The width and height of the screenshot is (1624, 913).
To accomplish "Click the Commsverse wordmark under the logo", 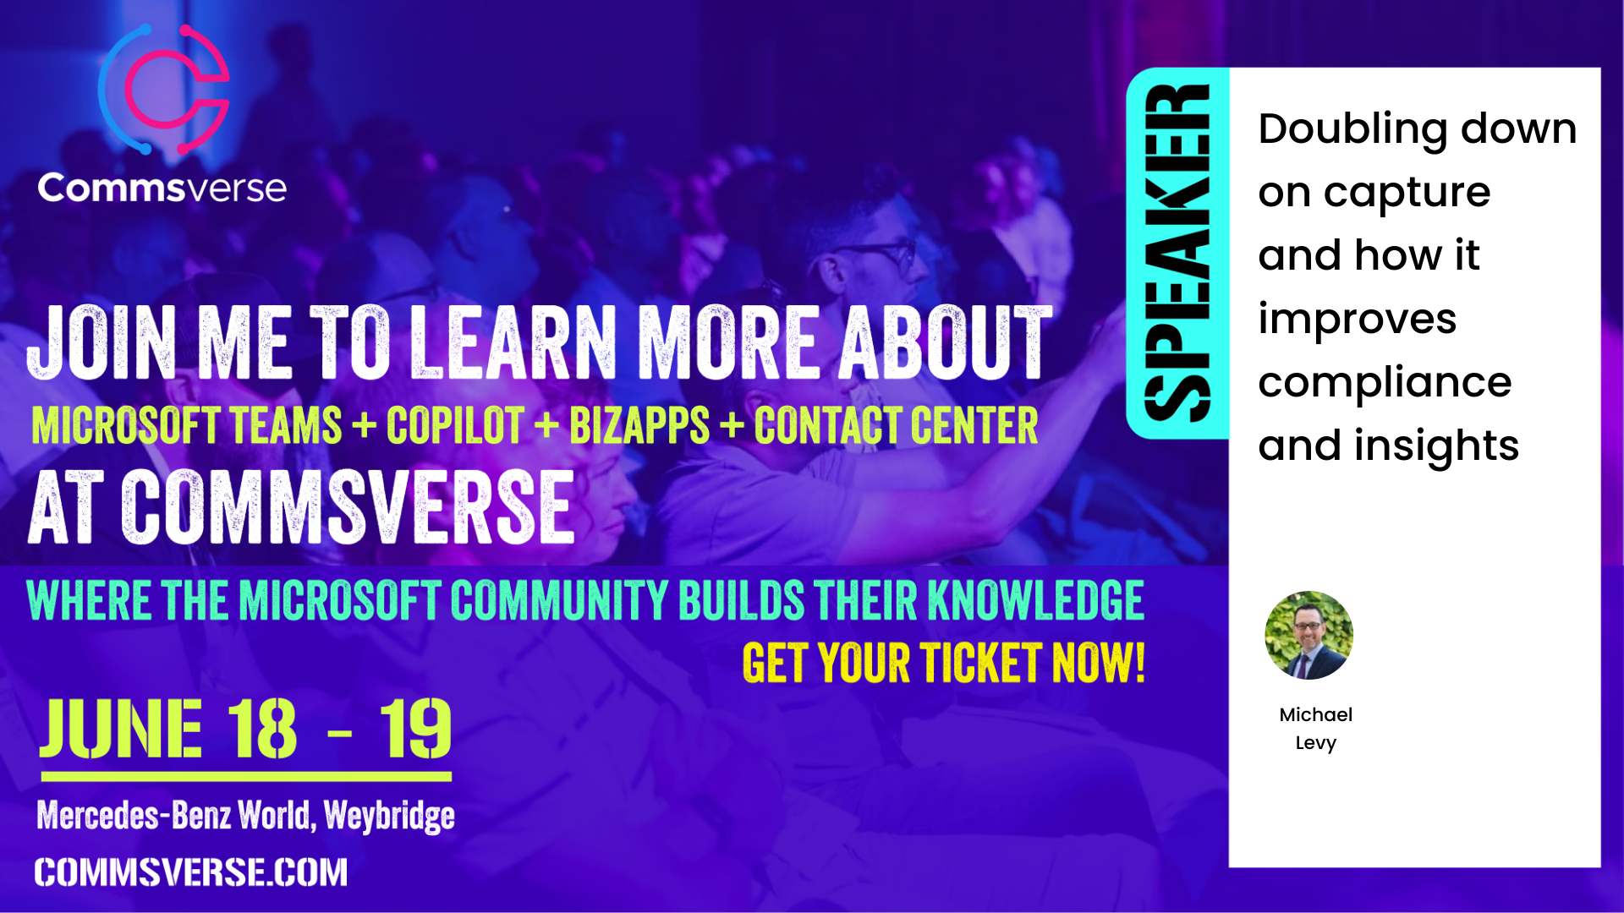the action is click(162, 187).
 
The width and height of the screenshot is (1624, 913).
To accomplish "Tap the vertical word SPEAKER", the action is click(1177, 253).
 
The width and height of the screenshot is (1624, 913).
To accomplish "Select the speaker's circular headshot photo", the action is click(1309, 635).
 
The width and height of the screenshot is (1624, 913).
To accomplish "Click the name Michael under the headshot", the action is click(1315, 714).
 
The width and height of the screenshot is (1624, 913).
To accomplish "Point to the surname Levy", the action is click(1315, 743).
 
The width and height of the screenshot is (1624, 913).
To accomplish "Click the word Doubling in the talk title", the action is click(1352, 130).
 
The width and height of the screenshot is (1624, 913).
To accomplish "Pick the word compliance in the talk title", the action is click(1385, 383).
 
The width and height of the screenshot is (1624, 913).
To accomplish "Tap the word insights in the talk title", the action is click(1436, 446).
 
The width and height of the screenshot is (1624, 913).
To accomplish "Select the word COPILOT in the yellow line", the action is click(455, 425).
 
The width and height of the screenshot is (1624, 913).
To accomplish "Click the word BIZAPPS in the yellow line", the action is click(639, 425).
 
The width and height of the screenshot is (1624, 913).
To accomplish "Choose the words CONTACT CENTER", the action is click(896, 425).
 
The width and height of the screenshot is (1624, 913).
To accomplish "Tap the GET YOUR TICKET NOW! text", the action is click(944, 663).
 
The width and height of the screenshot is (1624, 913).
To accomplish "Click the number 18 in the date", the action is click(262, 729).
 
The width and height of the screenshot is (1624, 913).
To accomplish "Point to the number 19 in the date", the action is click(414, 729).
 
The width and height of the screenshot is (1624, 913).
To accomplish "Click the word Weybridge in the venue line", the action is click(389, 816).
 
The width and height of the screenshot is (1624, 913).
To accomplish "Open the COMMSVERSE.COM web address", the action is click(191, 872).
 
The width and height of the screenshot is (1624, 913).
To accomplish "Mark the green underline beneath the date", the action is click(246, 776).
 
